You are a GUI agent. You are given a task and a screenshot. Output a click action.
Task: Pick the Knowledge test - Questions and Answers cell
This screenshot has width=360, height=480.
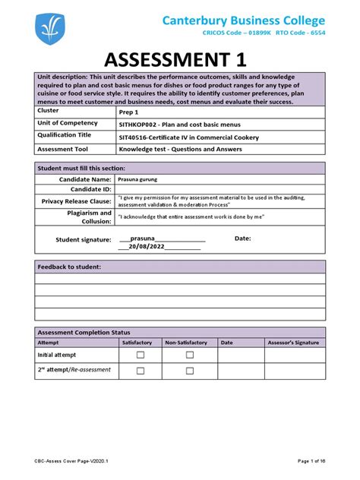(x=178, y=150)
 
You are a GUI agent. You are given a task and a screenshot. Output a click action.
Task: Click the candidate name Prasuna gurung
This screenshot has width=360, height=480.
(x=142, y=181)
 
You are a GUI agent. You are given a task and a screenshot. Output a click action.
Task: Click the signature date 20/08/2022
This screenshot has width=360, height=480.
(x=150, y=246)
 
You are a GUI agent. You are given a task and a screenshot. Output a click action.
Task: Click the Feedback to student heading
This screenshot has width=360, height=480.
(x=69, y=267)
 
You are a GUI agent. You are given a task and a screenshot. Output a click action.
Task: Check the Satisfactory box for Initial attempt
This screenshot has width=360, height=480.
(x=141, y=355)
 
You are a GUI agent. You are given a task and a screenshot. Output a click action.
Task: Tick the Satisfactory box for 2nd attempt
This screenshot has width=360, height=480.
(x=141, y=371)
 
